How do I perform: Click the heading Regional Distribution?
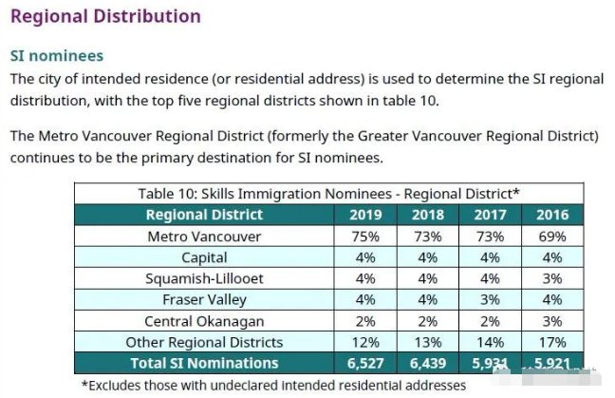[105, 16]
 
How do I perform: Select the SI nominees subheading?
[56, 56]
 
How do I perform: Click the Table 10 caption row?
[328, 193]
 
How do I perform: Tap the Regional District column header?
[203, 214]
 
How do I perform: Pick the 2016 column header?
[551, 214]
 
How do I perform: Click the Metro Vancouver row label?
[204, 236]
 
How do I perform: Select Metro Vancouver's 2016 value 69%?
[551, 236]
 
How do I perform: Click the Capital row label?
[204, 257]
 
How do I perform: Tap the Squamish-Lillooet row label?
[204, 278]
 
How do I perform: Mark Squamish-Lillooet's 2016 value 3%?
[551, 278]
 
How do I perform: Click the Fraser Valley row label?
[204, 299]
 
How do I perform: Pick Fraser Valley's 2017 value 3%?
[490, 299]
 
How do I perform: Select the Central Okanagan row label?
[204, 321]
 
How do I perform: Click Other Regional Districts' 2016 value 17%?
[551, 342]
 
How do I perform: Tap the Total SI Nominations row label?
[203, 363]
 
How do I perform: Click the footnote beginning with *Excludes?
[273, 385]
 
